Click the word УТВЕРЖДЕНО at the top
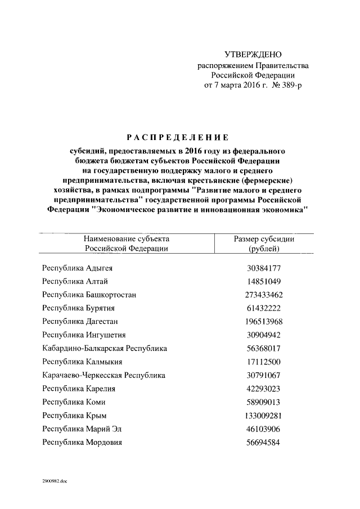tap(253, 55)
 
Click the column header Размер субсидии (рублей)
tap(264, 244)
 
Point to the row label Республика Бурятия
tap(79, 308)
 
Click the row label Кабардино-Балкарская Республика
tap(105, 348)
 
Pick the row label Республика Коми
tap(74, 402)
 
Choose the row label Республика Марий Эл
tap(82, 429)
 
